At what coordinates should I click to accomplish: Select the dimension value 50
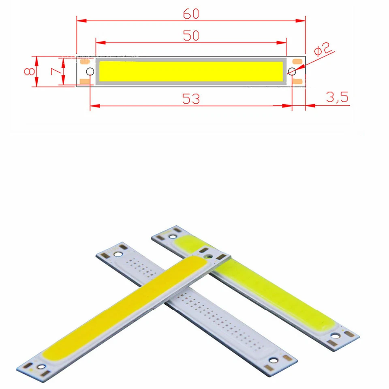(191, 36)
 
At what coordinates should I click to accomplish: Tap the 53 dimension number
(191, 99)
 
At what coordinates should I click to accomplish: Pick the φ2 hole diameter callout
(323, 51)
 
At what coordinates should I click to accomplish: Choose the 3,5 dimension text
(337, 98)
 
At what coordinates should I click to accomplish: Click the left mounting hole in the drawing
(90, 72)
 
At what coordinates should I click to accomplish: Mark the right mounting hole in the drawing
(292, 72)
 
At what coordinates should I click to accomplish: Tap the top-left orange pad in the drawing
(85, 62)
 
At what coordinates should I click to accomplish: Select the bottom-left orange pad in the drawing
(85, 82)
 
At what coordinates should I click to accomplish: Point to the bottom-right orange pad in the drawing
(298, 82)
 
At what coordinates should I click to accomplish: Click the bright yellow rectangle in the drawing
(191, 71)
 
